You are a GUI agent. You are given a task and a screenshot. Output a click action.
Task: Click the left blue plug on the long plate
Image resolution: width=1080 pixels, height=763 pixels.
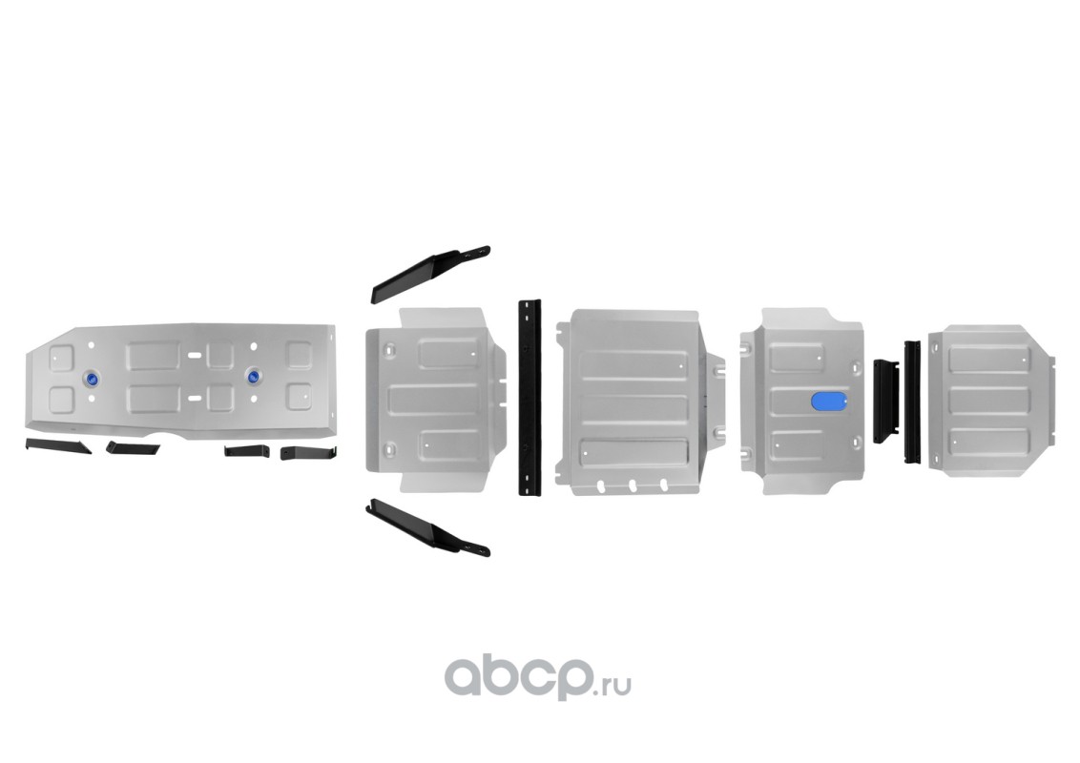tap(93, 378)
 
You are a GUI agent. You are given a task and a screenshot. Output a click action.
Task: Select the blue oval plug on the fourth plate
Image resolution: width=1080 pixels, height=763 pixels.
tap(826, 402)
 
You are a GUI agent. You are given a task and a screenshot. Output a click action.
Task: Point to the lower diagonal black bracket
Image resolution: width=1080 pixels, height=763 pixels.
tap(426, 527)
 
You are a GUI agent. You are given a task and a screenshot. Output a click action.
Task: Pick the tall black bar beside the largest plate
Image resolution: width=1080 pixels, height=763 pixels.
tap(530, 396)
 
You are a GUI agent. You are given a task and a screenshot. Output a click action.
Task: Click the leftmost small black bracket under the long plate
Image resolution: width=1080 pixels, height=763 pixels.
tap(57, 445)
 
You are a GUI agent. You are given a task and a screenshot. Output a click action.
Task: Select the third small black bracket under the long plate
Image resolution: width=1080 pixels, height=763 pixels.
tap(244, 450)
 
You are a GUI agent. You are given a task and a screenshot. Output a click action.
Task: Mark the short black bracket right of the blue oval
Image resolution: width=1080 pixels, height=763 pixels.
tap(885, 401)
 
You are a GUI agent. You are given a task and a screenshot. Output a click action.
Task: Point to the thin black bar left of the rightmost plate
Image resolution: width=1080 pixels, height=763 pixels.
tap(912, 402)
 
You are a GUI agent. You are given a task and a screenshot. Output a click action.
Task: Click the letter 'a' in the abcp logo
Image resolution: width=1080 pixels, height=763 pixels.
tap(465, 678)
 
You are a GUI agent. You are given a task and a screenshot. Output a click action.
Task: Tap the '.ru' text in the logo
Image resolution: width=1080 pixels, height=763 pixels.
tap(614, 684)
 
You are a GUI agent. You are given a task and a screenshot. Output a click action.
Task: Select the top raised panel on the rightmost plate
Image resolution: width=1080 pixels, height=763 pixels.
tap(988, 359)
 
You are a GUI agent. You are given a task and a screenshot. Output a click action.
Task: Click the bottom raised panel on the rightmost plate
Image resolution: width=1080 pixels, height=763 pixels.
tap(988, 442)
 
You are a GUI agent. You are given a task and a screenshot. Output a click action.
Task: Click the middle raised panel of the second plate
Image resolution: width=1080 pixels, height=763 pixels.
tap(434, 398)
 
